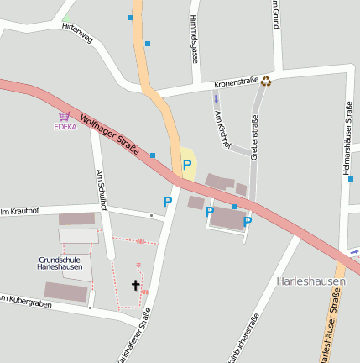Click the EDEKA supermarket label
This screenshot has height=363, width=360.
tap(65, 127)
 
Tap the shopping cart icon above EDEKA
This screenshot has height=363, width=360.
tap(65, 116)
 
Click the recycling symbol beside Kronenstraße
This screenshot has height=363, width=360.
tap(267, 82)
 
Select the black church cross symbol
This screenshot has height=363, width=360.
tap(135, 286)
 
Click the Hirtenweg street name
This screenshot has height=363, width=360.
tap(77, 33)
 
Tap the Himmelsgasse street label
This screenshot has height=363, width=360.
tap(195, 39)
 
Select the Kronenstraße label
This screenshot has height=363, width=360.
tap(237, 83)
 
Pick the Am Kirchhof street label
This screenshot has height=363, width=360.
tap(221, 129)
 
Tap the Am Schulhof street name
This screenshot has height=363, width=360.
tap(102, 191)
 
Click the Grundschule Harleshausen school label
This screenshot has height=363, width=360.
tap(60, 263)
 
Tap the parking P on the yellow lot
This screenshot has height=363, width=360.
tap(187, 165)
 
